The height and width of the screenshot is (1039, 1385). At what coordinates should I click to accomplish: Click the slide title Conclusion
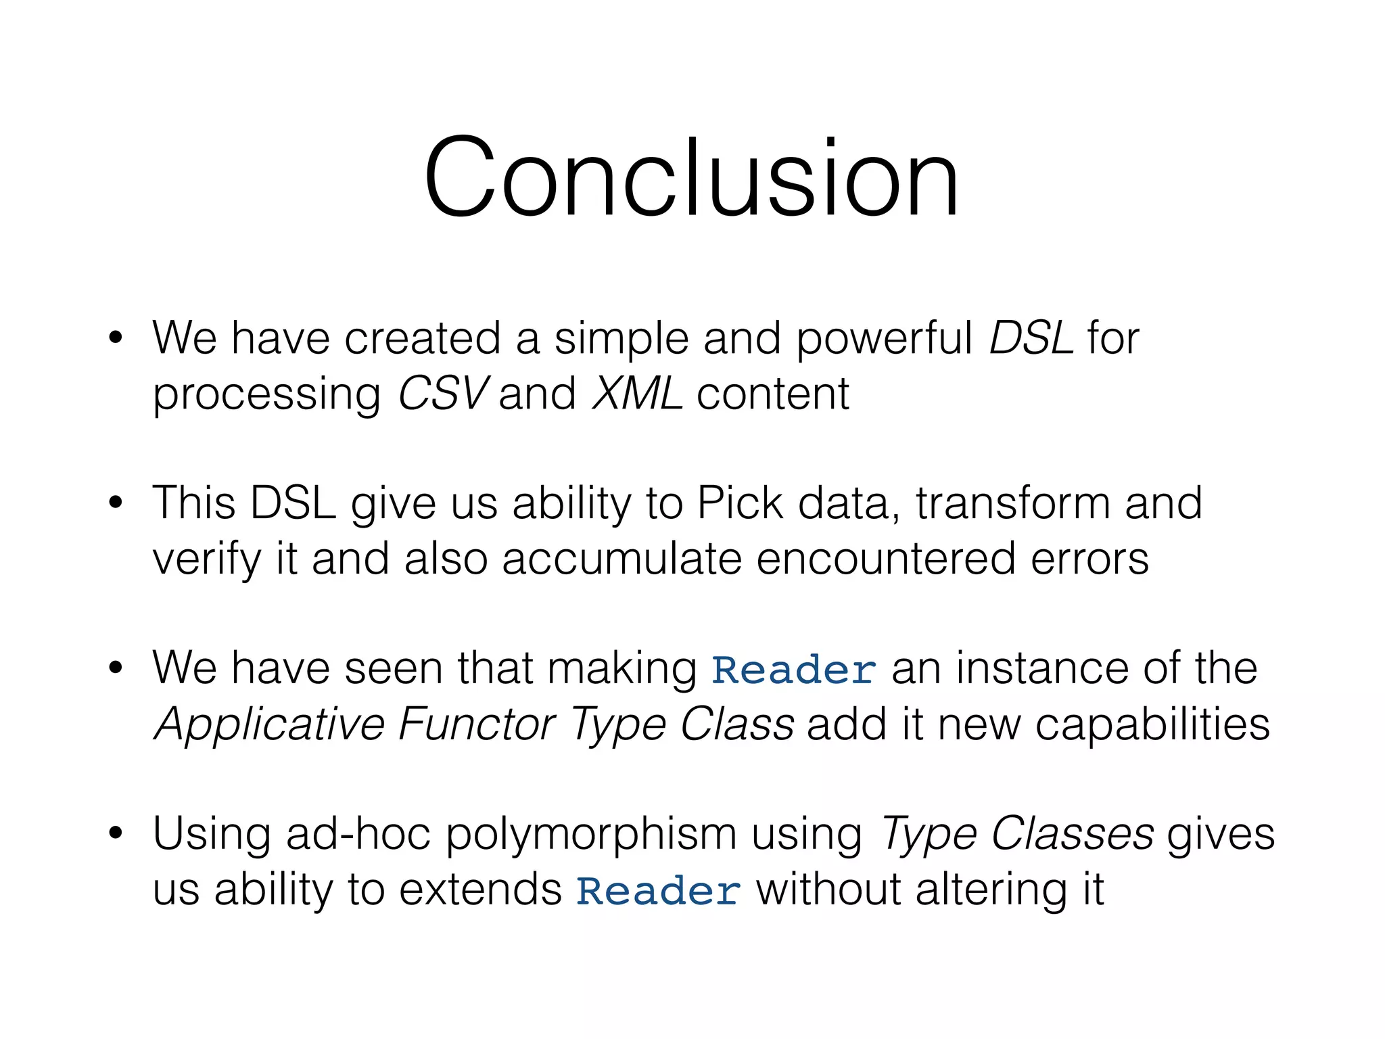click(x=691, y=177)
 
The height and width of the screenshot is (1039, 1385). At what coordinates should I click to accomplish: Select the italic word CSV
click(x=443, y=394)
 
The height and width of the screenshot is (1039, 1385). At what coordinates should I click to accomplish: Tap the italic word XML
click(x=637, y=394)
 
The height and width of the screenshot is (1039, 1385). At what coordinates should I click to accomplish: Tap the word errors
click(x=1089, y=559)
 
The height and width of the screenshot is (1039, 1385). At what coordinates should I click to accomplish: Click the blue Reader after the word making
click(x=794, y=670)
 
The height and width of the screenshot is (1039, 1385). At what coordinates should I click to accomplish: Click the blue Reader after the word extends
click(x=658, y=891)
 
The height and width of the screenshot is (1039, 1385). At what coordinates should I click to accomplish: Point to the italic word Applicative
click(x=270, y=725)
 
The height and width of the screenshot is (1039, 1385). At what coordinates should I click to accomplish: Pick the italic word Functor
click(x=477, y=724)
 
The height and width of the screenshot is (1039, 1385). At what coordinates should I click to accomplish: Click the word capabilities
click(x=1152, y=725)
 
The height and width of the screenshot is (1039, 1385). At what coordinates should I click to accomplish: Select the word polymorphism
click(x=590, y=835)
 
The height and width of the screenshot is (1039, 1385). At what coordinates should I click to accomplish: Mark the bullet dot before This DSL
click(x=116, y=503)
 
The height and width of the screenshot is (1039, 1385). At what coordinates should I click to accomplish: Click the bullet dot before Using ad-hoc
click(x=116, y=833)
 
